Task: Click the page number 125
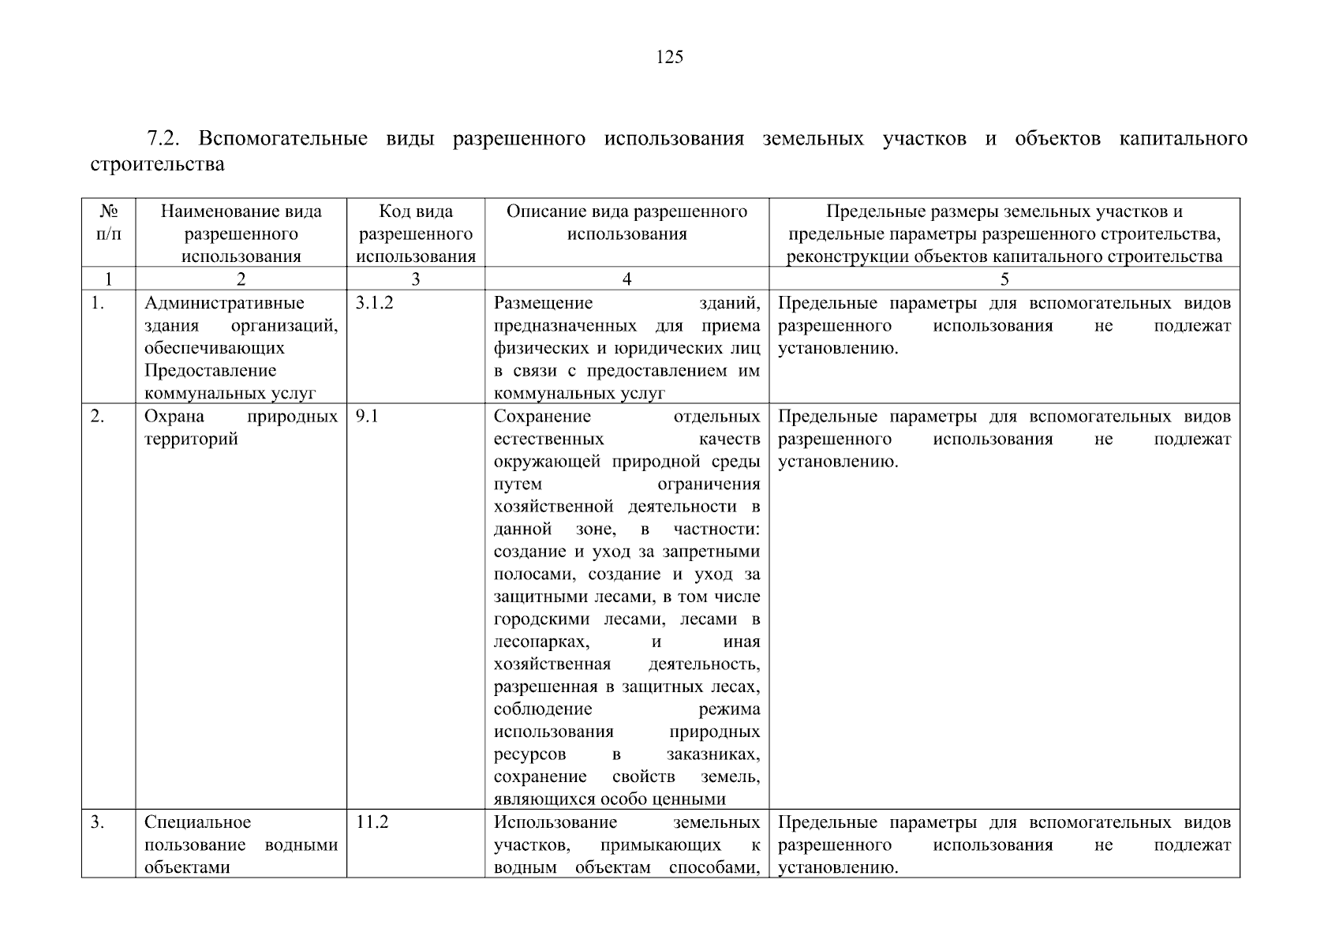(x=669, y=57)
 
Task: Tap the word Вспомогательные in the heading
(x=282, y=139)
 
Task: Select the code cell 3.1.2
(x=374, y=304)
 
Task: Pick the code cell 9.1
(x=367, y=417)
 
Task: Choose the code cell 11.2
(x=372, y=822)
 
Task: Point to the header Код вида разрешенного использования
(x=416, y=234)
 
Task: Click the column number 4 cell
(x=626, y=279)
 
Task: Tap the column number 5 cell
(x=1004, y=279)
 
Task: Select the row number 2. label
(x=97, y=417)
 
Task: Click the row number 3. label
(x=97, y=822)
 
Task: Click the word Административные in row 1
(x=224, y=304)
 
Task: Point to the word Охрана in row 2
(x=174, y=417)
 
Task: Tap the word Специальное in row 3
(x=197, y=822)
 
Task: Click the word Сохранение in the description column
(x=542, y=417)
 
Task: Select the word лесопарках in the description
(x=540, y=642)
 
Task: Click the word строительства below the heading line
(x=157, y=164)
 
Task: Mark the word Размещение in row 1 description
(x=543, y=304)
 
